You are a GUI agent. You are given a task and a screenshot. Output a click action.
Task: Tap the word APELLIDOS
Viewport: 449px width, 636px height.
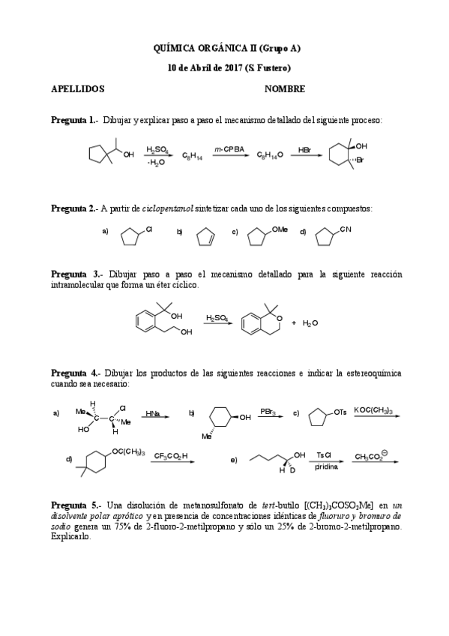[x=77, y=88]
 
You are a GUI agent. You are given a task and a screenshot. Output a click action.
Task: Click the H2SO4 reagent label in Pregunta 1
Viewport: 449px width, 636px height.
[x=157, y=149]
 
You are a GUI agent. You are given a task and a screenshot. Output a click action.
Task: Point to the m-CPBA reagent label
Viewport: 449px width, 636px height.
[x=226, y=149]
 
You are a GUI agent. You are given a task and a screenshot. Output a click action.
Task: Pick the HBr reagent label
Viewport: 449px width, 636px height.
[x=305, y=150]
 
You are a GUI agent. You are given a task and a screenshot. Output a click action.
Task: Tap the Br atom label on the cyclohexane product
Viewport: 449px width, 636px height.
[x=361, y=160]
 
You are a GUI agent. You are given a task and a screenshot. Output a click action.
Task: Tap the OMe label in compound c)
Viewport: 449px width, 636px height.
[x=280, y=229]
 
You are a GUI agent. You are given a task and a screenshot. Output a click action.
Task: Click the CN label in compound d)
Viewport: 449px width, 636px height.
[x=345, y=229]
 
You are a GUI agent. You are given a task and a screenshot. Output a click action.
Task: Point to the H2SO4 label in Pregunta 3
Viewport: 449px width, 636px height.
[x=217, y=317]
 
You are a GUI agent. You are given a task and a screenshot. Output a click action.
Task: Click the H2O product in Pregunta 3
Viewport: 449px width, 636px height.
[x=310, y=322]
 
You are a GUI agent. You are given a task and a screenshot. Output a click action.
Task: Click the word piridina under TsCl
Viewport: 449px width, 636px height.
[x=325, y=466]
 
